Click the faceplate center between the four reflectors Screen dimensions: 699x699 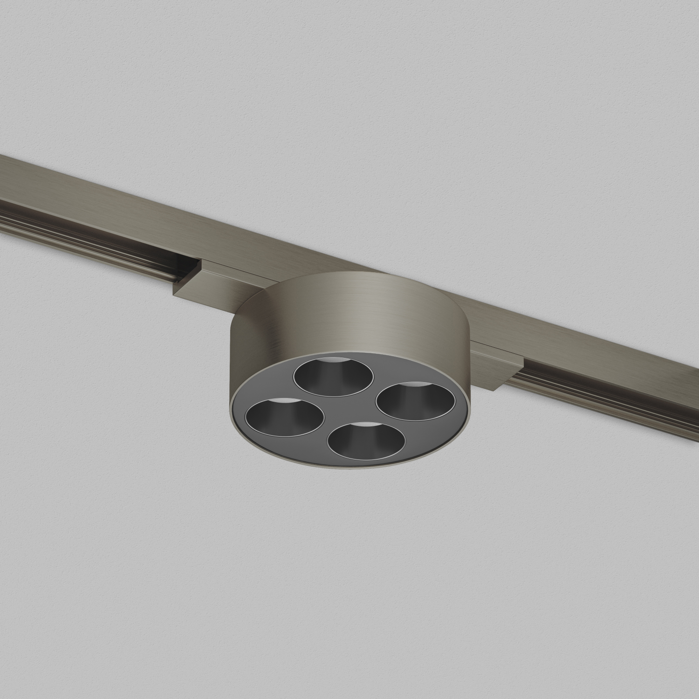pos(350,408)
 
